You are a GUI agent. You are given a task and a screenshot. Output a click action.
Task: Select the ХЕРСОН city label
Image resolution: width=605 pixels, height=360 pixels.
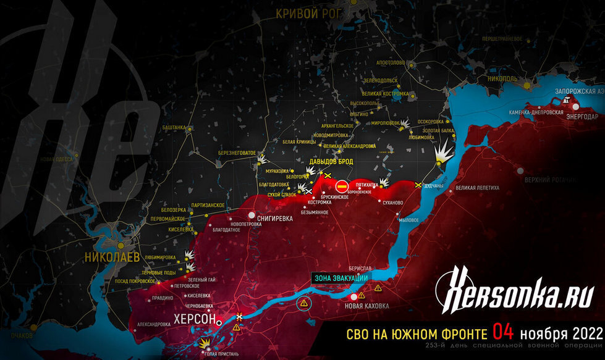click(x=194, y=320)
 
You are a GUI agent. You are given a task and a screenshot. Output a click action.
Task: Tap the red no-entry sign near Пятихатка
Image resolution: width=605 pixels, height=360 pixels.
click(x=341, y=186)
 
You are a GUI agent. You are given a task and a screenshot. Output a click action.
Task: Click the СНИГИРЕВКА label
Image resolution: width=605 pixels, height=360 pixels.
click(x=274, y=216)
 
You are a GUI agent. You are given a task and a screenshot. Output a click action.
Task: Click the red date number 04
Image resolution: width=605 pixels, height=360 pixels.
click(x=504, y=333)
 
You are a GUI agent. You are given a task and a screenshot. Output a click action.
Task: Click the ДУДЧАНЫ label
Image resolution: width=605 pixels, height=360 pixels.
click(x=435, y=185)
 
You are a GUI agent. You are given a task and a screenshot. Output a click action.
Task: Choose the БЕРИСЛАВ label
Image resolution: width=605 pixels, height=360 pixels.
click(x=360, y=269)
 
